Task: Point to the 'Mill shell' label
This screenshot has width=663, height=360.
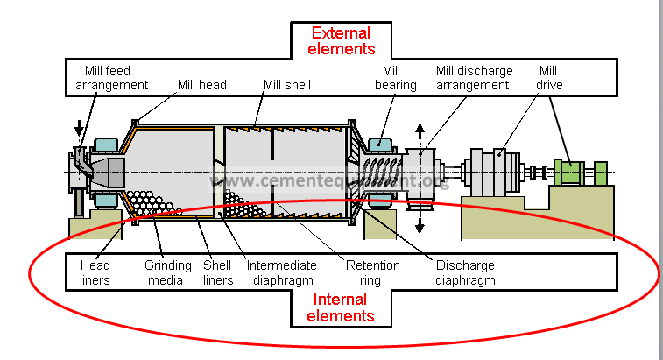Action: point(287,85)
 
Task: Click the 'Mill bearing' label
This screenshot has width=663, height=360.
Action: point(391,78)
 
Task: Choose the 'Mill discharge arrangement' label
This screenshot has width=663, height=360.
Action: point(472,78)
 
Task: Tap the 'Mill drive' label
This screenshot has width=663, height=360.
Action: point(547,78)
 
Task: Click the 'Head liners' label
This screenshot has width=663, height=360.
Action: point(95,272)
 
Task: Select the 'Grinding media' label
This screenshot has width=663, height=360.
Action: point(163,272)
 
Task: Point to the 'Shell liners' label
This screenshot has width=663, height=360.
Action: point(218,272)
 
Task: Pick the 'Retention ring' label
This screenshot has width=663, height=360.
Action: point(372,272)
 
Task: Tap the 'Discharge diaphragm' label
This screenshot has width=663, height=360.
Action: point(463,272)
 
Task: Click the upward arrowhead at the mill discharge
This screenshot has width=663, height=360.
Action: point(420,129)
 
